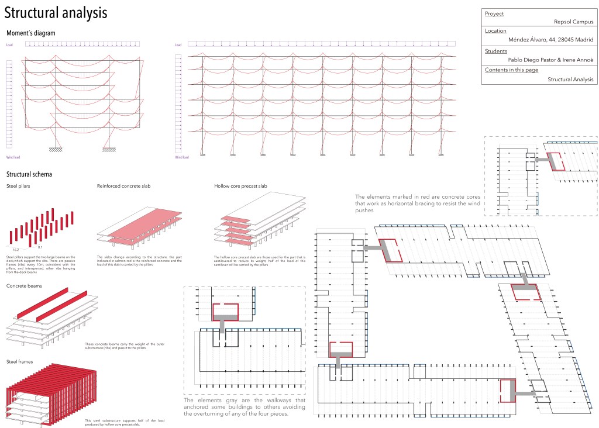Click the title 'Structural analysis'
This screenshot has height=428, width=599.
coord(56,13)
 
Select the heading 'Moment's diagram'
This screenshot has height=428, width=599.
coord(30,33)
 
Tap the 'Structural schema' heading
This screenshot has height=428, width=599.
coord(29,174)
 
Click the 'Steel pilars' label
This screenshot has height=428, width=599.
coord(18,187)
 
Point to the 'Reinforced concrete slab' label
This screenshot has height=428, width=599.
coord(123,187)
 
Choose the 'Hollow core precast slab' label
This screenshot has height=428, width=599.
coord(240,187)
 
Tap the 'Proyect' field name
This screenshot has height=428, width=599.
coord(494,13)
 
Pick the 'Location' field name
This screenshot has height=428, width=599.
coord(496,31)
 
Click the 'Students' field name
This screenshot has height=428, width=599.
coord(496,51)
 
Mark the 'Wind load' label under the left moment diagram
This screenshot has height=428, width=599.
coord(13,157)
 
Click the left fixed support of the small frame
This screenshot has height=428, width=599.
coord(56,149)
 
